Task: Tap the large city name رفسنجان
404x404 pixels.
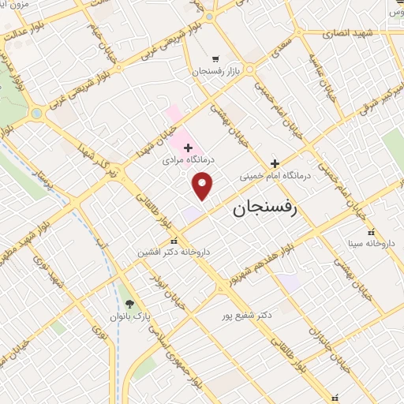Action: click(264, 211)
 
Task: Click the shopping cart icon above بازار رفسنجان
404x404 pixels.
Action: click(215, 58)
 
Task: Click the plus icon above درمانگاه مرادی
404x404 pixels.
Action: click(188, 148)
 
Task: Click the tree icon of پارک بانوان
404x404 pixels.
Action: click(129, 304)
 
